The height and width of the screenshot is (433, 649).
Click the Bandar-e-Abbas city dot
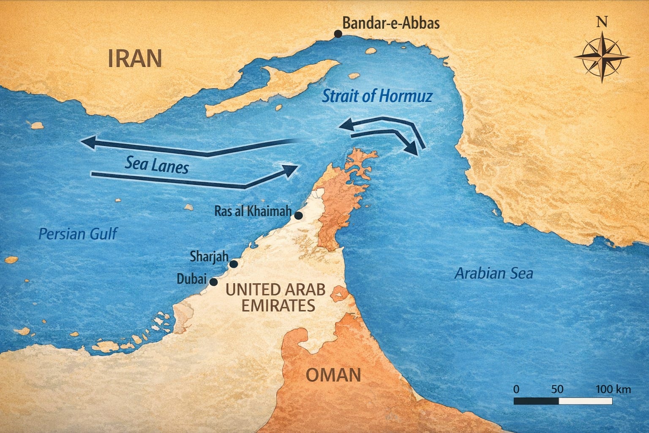coord(338,34)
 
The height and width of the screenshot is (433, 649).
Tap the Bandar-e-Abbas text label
coord(391,23)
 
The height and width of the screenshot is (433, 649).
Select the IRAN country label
coord(135,58)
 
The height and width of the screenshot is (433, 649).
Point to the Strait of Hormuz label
coord(377,96)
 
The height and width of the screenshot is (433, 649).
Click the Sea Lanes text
coord(156,164)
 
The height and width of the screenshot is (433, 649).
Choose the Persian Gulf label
coord(77,233)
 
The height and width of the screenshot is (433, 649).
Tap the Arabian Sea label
coord(493,274)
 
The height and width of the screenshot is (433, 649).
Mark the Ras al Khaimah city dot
coord(298,216)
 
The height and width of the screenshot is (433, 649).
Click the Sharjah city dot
coord(233,264)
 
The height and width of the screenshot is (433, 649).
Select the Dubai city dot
coord(214,282)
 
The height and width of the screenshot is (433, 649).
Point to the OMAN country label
coord(333,375)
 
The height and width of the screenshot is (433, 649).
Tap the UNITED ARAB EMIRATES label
coord(275,297)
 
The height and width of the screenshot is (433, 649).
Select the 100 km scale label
coord(613,389)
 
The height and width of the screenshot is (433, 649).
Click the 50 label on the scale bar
coord(557,389)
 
